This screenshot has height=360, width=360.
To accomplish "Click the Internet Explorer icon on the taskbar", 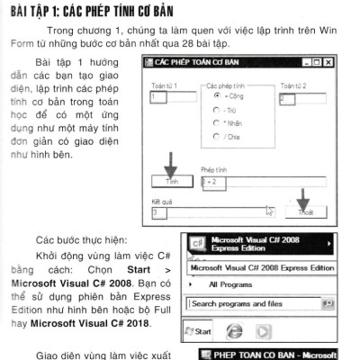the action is coord(235,330).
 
